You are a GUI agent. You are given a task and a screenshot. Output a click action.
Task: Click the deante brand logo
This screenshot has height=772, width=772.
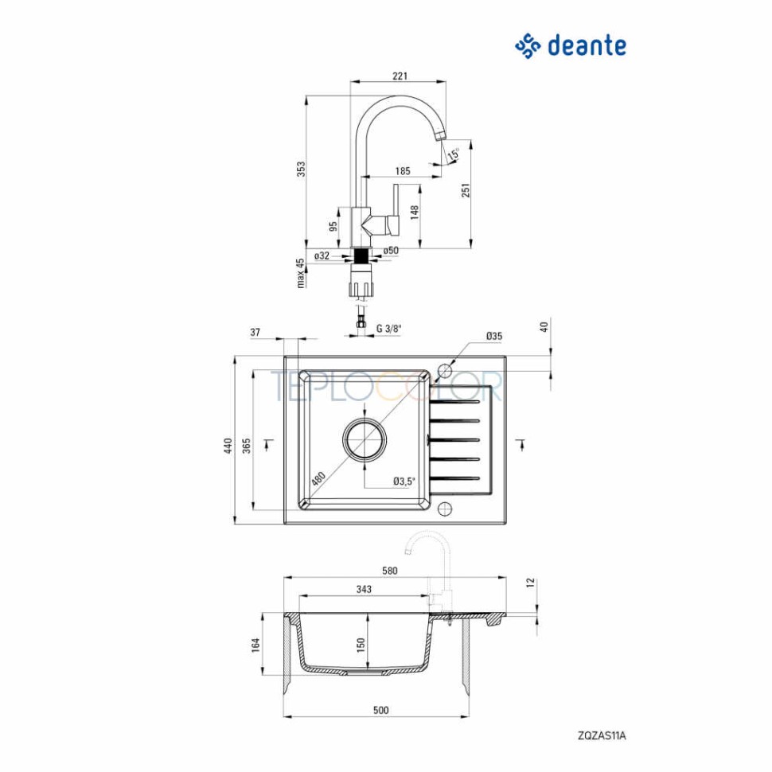(570, 45)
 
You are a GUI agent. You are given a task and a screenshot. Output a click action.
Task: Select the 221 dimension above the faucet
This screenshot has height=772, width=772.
(400, 76)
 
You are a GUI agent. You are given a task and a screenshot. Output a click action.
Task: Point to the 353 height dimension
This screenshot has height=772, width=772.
(301, 170)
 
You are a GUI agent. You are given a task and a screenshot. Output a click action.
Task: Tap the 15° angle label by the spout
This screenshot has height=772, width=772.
(453, 154)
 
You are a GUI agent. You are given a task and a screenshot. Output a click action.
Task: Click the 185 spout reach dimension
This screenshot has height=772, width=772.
(403, 171)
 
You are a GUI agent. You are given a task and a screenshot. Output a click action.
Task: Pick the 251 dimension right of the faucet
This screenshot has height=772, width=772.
(466, 189)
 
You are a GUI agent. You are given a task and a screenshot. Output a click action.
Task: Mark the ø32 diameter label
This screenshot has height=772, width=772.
(322, 255)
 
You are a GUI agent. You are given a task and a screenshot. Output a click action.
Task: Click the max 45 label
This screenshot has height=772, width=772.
(301, 273)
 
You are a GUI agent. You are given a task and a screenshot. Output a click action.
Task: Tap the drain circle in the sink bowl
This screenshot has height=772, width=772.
(365, 439)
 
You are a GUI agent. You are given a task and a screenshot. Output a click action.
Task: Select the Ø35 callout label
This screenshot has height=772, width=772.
(493, 337)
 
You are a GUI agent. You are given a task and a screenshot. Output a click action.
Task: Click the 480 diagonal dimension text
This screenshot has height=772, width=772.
(318, 478)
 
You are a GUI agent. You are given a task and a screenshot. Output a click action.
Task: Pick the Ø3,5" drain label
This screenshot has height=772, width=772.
(404, 481)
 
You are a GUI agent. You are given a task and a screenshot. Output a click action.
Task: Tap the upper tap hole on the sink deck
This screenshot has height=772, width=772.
(445, 372)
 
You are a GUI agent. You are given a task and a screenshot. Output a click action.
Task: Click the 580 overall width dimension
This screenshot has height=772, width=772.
(389, 570)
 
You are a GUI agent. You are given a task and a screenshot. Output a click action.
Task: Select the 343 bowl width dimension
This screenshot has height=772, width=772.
(364, 590)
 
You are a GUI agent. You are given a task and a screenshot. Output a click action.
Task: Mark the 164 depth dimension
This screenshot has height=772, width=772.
(256, 645)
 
